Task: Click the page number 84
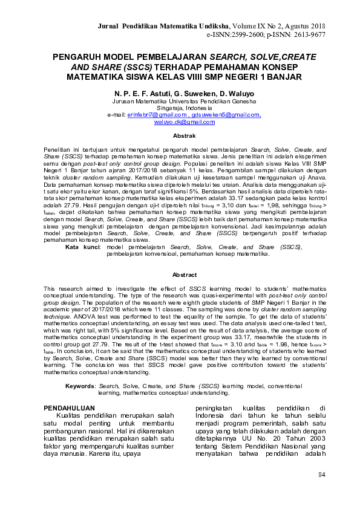click(321, 473)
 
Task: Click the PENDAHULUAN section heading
click(70, 408)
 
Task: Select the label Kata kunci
click(82, 247)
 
